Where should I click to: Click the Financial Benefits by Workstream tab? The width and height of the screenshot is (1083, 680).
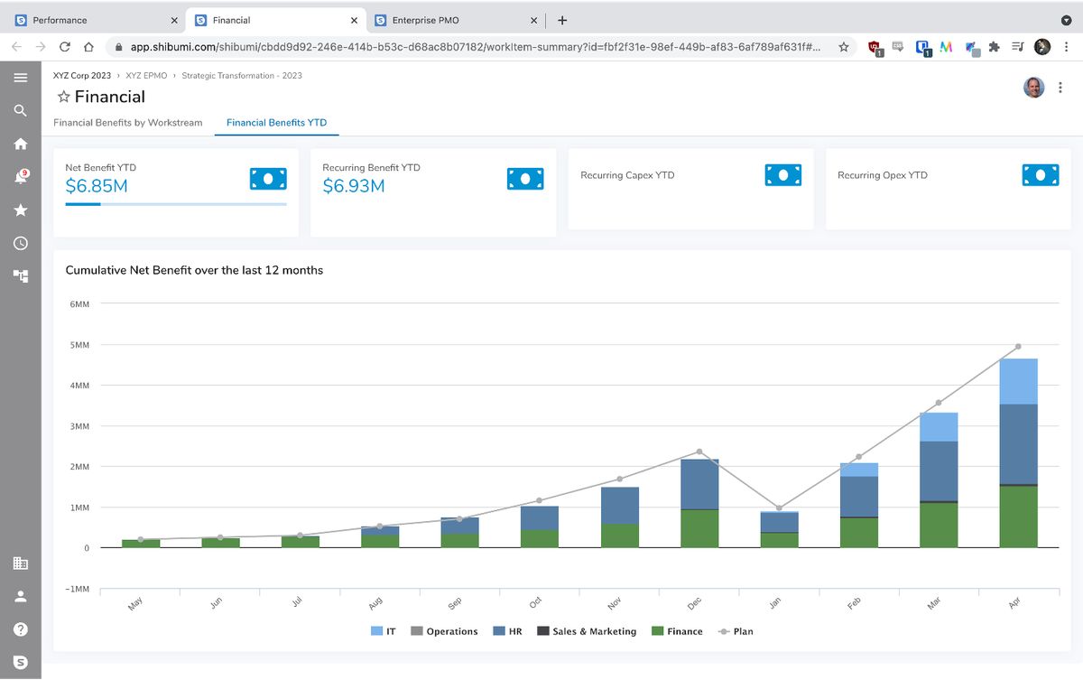click(x=127, y=123)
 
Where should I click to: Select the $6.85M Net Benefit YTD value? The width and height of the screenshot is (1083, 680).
click(x=97, y=186)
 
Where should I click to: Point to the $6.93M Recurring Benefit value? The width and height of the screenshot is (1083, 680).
click(x=354, y=186)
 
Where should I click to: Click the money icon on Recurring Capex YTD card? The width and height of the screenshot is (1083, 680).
click(x=783, y=175)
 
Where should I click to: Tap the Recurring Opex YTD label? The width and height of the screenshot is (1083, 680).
click(x=882, y=175)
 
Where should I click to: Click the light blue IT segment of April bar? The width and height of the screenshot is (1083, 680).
click(x=1018, y=381)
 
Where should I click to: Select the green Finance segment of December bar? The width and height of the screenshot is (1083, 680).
click(x=699, y=528)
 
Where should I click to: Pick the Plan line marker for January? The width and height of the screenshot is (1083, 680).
click(x=779, y=508)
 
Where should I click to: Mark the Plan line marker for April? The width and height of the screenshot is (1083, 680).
click(x=1018, y=347)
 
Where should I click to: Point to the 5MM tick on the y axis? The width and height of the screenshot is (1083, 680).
click(x=79, y=345)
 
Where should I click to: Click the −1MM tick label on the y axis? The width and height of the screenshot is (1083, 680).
click(x=79, y=589)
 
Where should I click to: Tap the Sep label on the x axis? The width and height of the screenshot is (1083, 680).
click(x=456, y=603)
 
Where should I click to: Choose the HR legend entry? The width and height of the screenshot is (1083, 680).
click(x=508, y=631)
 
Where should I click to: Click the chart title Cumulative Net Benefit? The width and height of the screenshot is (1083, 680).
click(x=194, y=270)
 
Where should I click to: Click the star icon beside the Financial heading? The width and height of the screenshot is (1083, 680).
click(x=63, y=97)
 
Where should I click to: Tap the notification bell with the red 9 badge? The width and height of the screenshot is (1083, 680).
click(x=20, y=177)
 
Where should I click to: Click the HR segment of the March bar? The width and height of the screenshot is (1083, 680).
click(x=939, y=470)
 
